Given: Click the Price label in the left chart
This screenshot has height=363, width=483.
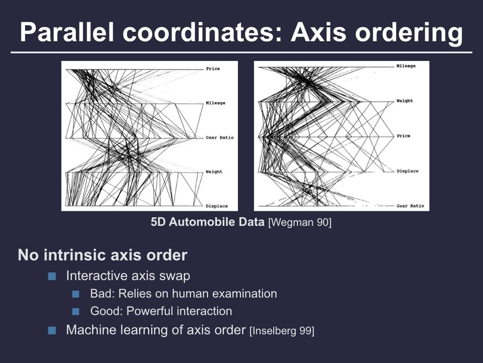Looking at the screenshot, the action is (213, 69).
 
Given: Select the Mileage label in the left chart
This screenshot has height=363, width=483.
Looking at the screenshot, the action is (216, 103).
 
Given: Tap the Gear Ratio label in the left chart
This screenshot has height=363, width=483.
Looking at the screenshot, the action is (219, 137).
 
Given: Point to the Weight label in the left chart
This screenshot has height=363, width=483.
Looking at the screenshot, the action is (214, 172).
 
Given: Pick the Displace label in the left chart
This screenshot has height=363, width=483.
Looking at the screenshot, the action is (217, 206).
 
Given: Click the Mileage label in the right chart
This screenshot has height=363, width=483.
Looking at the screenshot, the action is (406, 66).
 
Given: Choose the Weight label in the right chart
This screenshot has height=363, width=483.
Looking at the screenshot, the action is (405, 101).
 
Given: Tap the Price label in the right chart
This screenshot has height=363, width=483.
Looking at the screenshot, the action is (404, 136).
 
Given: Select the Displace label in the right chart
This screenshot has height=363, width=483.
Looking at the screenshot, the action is (407, 171).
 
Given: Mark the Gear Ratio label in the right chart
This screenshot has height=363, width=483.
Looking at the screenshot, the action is (410, 206).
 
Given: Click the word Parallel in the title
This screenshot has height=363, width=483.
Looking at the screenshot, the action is (67, 32).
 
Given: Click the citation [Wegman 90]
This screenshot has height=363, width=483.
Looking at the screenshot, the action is (300, 222).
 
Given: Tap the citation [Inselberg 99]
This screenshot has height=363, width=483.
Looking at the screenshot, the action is (282, 331).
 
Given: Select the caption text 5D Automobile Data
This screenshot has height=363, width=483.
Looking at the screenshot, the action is (208, 222).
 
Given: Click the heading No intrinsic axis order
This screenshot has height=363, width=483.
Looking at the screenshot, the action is (103, 255).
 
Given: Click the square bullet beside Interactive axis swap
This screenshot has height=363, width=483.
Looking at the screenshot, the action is (52, 276).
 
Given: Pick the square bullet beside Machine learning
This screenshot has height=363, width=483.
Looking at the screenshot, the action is (52, 330).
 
